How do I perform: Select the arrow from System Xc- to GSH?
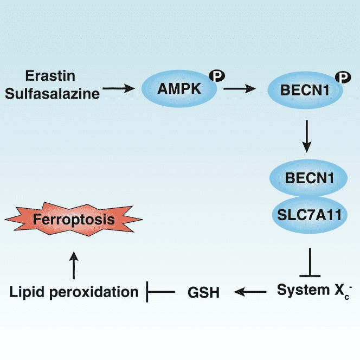click(x=250, y=292)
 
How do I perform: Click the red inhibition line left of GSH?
click(x=160, y=292)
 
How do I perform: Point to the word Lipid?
click(x=25, y=292)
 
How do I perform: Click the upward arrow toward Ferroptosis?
click(x=74, y=264)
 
